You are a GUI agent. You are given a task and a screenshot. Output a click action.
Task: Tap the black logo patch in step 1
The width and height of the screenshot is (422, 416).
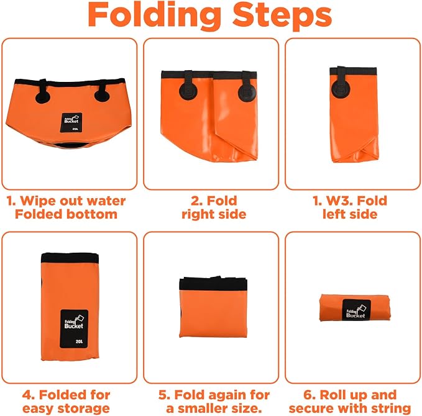(x=71, y=122)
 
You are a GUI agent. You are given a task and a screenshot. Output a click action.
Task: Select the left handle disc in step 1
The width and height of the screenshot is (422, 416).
(x=43, y=96)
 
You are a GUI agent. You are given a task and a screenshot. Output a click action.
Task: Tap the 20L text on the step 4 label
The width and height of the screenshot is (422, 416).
(x=79, y=341)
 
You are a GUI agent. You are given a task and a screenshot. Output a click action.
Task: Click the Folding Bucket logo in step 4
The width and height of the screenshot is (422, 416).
(x=74, y=322)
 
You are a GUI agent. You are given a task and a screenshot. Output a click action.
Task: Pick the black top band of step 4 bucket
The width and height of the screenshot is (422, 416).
(x=70, y=258)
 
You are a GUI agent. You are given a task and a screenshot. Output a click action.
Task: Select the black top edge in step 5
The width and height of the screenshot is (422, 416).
(x=213, y=283)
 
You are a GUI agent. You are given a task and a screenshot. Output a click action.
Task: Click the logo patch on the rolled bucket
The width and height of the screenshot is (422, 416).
(x=356, y=310)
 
